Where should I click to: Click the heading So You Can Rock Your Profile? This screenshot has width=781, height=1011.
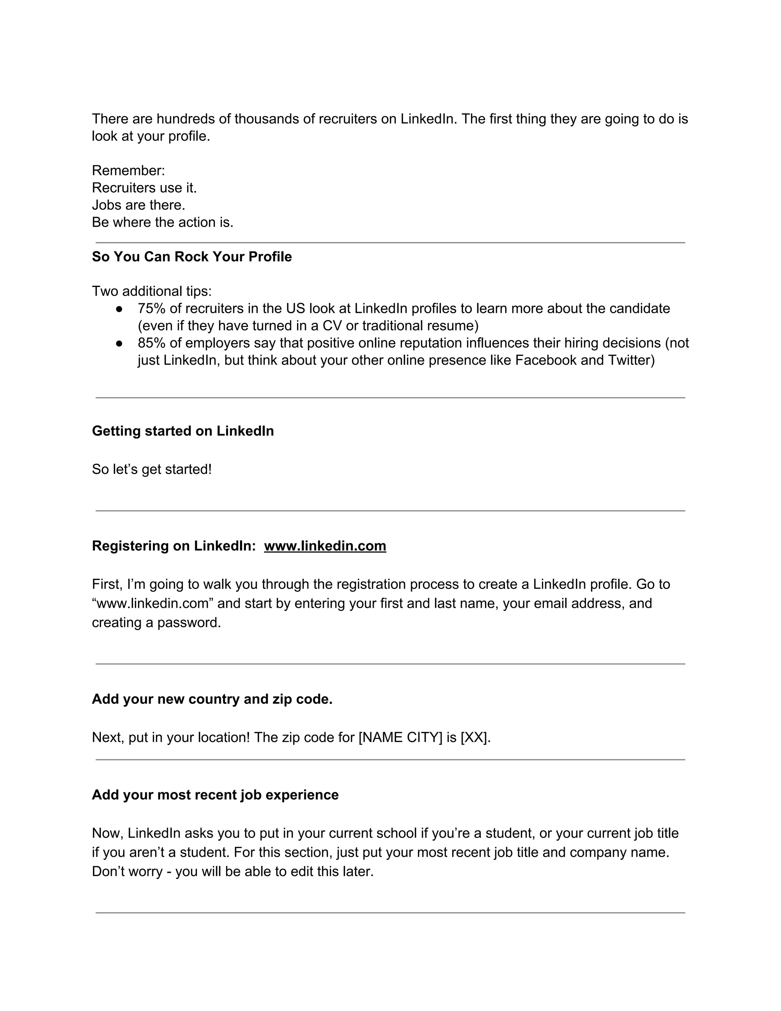191,257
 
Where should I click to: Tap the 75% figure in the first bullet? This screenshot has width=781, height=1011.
151,308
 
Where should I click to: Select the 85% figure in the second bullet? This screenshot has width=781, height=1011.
151,343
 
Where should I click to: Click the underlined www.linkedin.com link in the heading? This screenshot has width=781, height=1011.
325,546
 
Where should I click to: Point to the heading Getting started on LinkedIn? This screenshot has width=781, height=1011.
183,431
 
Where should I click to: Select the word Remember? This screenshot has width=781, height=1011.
128,171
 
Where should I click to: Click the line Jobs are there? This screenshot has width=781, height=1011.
138,205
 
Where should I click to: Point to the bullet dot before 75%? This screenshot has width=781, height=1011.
119,309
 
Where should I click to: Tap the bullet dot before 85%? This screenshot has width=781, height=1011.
119,343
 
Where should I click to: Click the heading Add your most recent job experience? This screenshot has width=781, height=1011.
215,795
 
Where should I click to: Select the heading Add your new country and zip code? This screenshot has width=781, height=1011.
212,699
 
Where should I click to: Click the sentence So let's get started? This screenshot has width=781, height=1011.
152,469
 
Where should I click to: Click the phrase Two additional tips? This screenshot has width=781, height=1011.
152,291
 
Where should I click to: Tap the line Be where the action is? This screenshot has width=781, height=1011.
162,223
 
